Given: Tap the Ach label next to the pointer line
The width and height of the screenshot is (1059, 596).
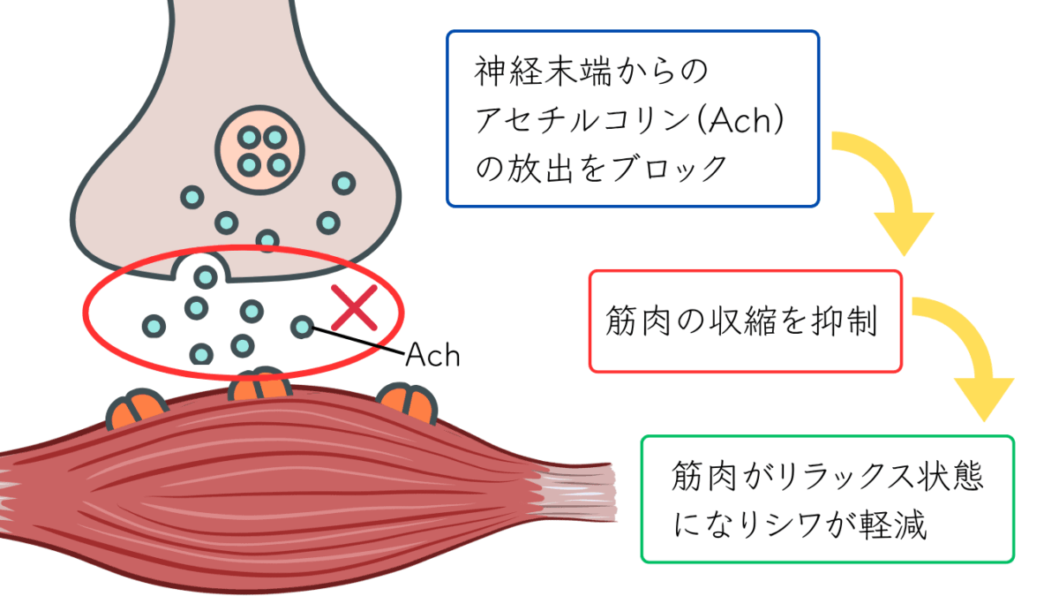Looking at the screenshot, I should pyautogui.click(x=432, y=355).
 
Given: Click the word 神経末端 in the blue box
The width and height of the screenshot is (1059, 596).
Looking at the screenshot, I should pyautogui.click(x=537, y=72).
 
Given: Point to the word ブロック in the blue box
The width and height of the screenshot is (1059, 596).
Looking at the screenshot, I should pyautogui.click(x=665, y=168).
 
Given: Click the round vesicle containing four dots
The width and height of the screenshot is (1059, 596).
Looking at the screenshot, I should pyautogui.click(x=261, y=151).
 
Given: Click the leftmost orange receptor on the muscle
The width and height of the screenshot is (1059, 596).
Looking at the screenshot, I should pyautogui.click(x=137, y=408).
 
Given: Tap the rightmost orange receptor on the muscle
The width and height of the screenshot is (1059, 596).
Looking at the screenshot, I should pyautogui.click(x=408, y=402).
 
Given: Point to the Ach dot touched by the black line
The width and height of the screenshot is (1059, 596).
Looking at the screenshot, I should pyautogui.click(x=303, y=327).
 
